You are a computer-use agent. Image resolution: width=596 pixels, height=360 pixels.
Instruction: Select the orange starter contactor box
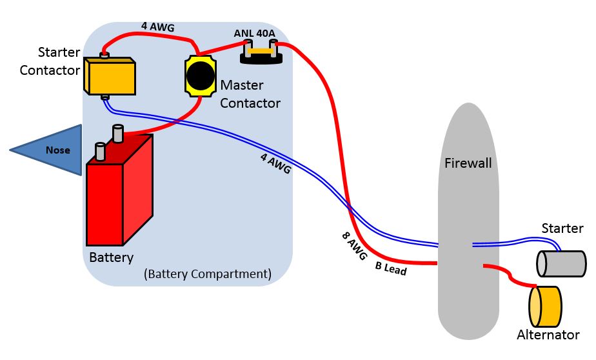[110, 76]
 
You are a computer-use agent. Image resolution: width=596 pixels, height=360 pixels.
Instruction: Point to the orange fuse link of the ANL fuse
[261, 50]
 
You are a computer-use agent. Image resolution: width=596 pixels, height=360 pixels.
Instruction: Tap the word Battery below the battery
[111, 257]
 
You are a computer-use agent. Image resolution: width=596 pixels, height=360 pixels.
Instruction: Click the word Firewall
[468, 163]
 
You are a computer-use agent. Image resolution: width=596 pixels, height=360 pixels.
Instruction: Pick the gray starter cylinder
[561, 263]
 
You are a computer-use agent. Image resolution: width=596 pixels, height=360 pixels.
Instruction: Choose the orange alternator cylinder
[546, 306]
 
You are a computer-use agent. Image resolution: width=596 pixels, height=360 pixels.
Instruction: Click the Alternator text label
[548, 335]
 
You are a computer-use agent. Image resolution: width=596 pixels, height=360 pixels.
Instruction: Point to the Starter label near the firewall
[562, 228]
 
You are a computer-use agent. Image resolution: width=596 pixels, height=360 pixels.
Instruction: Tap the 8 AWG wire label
[353, 245]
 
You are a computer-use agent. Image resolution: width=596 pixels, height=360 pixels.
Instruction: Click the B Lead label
[391, 268]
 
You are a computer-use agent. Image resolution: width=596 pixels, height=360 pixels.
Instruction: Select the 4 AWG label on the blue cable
[275, 164]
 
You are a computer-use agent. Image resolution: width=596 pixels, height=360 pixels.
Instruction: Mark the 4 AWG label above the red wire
[158, 27]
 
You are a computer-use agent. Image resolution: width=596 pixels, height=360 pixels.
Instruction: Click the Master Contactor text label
[250, 94]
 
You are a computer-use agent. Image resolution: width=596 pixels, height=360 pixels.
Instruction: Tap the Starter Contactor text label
[50, 61]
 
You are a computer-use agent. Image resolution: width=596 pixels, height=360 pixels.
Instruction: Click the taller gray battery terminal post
[118, 133]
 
